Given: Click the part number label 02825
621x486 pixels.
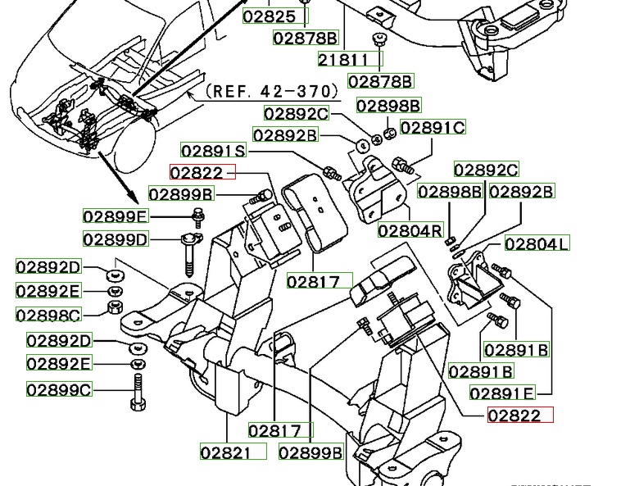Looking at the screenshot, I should coord(270,16).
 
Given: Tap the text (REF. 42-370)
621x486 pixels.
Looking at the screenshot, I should coord(271,90).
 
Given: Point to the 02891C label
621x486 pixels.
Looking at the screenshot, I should coord(432,128).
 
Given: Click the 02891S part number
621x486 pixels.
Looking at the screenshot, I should coord(213,150).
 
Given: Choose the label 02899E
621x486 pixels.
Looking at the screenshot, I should coord(116,216).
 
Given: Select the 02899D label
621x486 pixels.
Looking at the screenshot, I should coord(116,239).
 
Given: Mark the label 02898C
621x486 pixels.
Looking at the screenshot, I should coord(49,315).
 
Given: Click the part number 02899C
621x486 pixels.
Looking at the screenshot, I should coord(60,390).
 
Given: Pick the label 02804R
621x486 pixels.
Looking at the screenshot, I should coord(410,231).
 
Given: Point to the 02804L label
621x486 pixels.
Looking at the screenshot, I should coord(537,243).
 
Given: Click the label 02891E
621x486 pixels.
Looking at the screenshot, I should coord(502,393).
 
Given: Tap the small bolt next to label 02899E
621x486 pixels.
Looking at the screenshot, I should coord(197,216).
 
